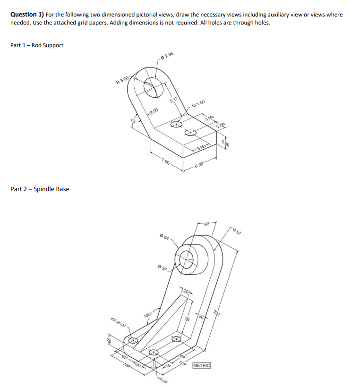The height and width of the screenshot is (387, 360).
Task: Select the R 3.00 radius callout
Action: pyautogui.click(x=123, y=81)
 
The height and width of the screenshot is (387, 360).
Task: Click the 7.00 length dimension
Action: pyautogui.click(x=165, y=162)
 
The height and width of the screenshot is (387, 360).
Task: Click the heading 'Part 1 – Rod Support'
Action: pyautogui.click(x=37, y=45)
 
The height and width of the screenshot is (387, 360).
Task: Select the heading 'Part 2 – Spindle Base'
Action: pyautogui.click(x=40, y=189)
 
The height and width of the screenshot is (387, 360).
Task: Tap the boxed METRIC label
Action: pyautogui.click(x=201, y=366)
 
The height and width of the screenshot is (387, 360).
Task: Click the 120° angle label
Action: pyautogui.click(x=148, y=315)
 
